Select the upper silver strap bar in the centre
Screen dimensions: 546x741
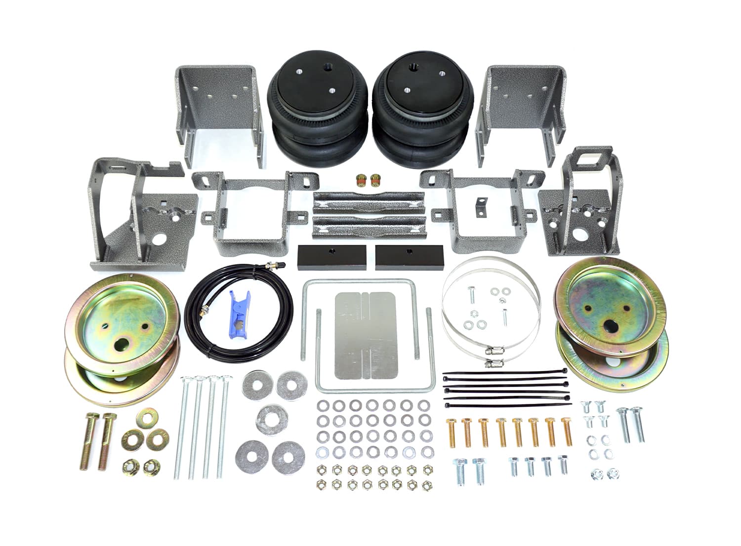pos(368,202)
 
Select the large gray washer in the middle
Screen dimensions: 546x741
pos(270,418)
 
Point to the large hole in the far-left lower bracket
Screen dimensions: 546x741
pos(159,240)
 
